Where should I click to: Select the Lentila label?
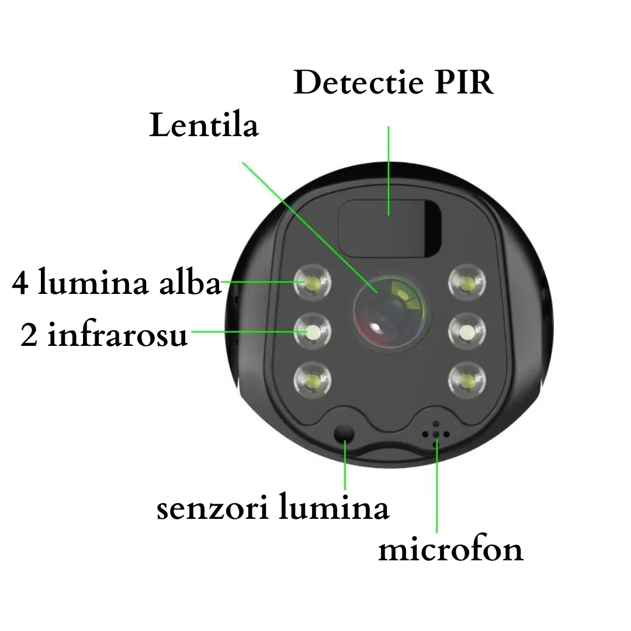(204, 125)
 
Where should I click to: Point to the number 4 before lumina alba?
(20, 283)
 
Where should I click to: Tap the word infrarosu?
(117, 335)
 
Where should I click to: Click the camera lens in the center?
(389, 310)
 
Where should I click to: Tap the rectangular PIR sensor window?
(390, 228)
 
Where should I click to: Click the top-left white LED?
(312, 283)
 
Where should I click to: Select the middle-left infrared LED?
(312, 332)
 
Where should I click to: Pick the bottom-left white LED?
(312, 380)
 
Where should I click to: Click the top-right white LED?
(467, 283)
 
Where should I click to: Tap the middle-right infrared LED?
(467, 332)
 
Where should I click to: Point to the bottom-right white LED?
(467, 380)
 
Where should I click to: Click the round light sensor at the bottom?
(344, 434)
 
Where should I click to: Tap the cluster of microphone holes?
(436, 434)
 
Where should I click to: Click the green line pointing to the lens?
(310, 228)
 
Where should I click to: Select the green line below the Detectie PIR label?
(389, 171)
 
